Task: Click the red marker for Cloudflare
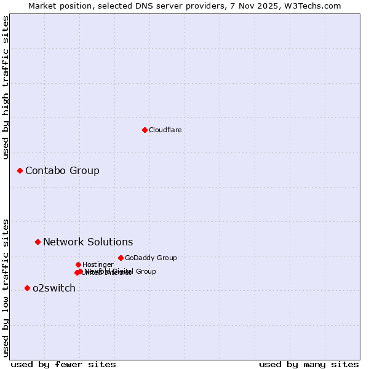145,130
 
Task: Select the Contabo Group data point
20,170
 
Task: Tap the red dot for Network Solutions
38,242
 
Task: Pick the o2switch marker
27,288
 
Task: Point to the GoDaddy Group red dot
121,258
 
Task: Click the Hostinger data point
78,264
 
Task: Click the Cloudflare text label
165,130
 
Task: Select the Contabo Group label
62,170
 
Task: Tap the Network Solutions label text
88,242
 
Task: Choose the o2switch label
54,288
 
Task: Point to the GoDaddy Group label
151,258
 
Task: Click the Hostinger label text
98,264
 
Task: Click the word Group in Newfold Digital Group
145,271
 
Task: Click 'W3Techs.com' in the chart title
315,6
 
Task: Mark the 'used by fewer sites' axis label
63,364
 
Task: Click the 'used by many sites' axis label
309,364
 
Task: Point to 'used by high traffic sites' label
6,87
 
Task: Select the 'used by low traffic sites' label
6,287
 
